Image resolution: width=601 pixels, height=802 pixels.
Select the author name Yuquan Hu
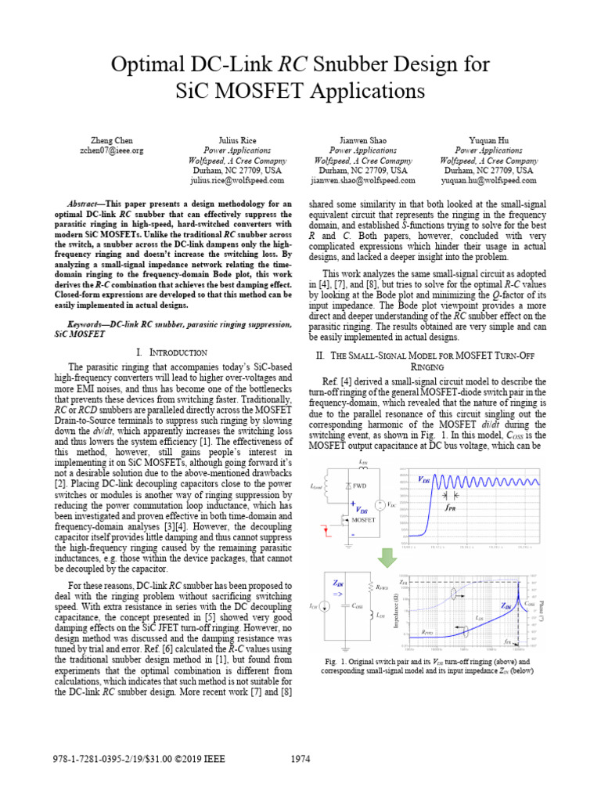click(x=488, y=140)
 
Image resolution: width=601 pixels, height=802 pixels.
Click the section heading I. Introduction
click(x=171, y=352)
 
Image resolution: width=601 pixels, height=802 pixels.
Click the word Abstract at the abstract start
click(x=86, y=202)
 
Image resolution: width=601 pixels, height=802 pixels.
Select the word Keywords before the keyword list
click(x=88, y=323)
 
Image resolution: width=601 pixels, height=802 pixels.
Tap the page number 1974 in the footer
click(x=300, y=759)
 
